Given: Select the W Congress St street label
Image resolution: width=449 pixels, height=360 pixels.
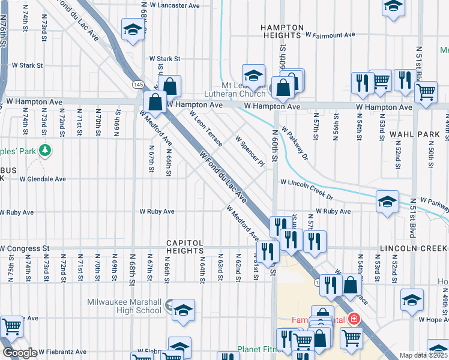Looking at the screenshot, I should pos(25,248).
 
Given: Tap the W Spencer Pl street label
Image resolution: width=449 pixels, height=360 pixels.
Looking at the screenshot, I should pos(250,154).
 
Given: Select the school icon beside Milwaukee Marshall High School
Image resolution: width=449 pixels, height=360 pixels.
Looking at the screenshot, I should pos(183,310).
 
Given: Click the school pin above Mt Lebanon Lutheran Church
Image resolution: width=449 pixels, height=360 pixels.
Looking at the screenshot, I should pos(254,75).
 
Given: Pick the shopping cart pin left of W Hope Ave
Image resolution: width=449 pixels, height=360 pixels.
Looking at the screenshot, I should pos(12,326).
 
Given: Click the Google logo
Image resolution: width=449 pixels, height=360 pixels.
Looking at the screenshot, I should pos(19,353).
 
